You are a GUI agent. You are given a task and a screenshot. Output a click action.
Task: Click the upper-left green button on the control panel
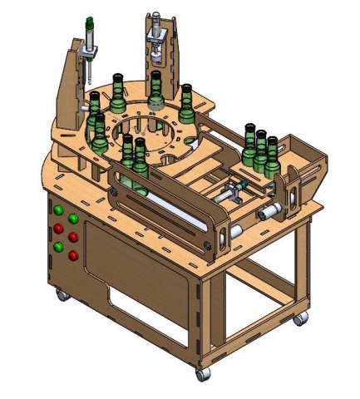point(57,209)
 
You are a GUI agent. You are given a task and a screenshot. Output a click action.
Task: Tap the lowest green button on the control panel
point(57,246)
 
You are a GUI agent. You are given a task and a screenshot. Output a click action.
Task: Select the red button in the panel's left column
point(58,228)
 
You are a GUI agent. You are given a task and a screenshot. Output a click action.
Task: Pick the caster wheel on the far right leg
point(298,318)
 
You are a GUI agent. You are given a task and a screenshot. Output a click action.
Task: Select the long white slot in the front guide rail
point(166,211)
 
